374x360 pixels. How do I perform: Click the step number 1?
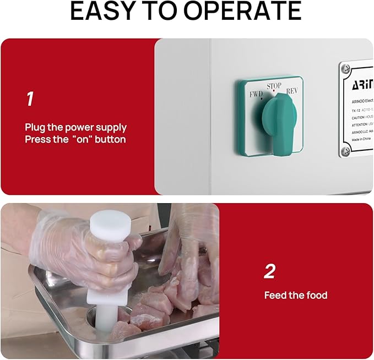point(30,99)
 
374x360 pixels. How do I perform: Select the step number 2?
point(269,271)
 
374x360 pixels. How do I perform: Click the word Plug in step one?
point(35,127)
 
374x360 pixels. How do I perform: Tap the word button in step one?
point(110,139)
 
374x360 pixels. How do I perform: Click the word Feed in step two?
point(275,296)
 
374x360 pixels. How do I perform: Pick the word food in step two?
point(316,296)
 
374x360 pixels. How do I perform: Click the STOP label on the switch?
point(274,86)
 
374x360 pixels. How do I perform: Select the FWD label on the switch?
point(256,94)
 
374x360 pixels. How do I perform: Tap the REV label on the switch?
point(292,91)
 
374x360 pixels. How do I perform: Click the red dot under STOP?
point(274,91)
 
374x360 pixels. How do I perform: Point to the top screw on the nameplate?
point(346,68)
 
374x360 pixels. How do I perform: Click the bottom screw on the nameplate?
point(346,150)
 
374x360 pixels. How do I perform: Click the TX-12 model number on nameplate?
point(357,110)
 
